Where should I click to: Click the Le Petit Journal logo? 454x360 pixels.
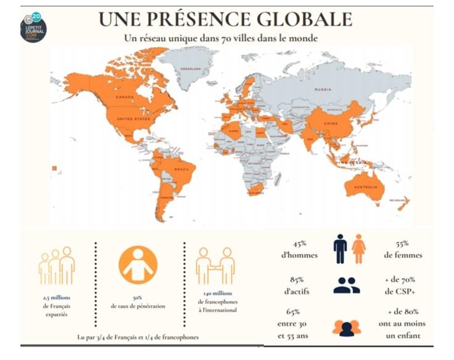33,27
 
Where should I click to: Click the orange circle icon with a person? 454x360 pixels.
138,265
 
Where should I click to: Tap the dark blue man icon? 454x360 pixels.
340,249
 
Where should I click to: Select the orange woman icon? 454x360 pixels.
359,249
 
